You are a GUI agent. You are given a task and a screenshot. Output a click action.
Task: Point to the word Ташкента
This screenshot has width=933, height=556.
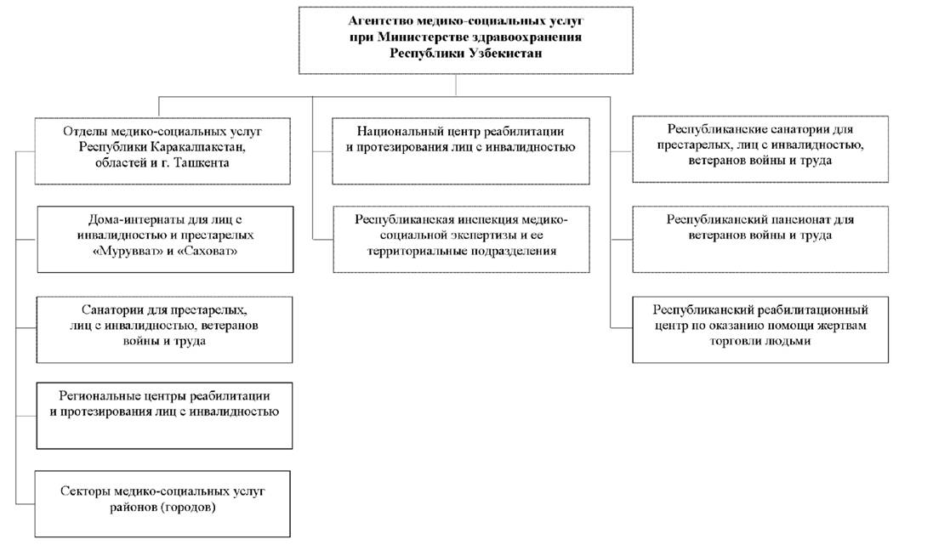(201, 162)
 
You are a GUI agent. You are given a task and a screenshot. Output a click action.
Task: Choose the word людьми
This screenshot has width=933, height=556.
(788, 341)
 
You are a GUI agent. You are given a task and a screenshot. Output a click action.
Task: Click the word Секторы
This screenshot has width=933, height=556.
(84, 491)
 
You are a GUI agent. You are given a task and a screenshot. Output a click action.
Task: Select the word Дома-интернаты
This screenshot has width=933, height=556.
(134, 219)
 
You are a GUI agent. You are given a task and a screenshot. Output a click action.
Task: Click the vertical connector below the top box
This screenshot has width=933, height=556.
(457, 85)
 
